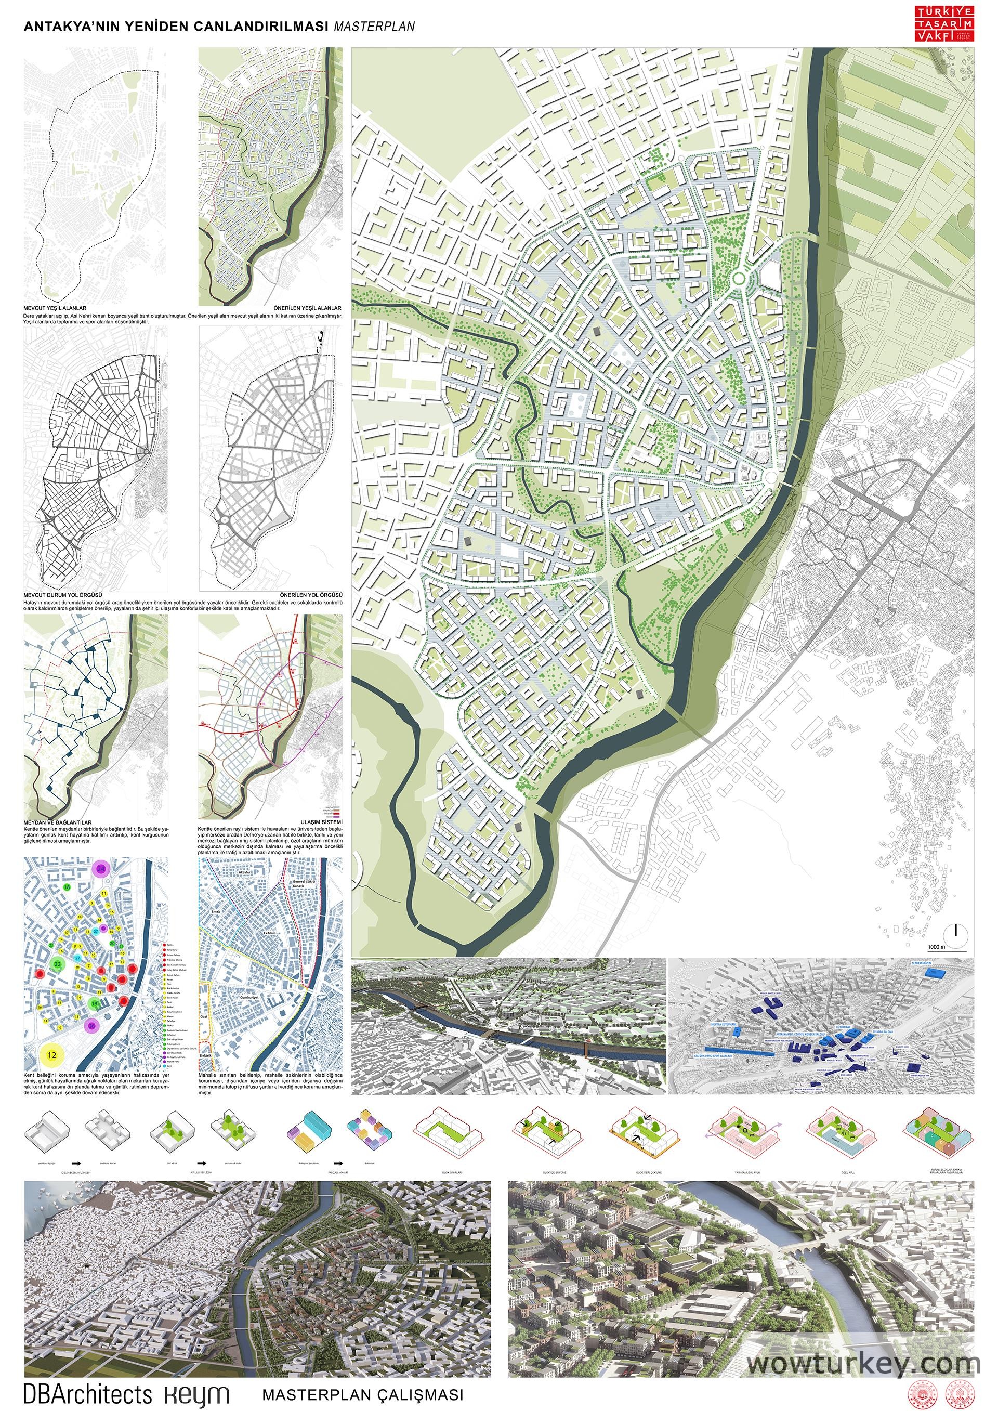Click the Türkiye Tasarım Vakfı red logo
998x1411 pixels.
(944, 24)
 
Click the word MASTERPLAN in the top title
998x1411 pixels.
(374, 27)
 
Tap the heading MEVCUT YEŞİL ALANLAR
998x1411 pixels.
(55, 308)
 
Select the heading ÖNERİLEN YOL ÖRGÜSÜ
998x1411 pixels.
(311, 595)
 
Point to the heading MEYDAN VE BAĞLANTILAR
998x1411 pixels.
(57, 822)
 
